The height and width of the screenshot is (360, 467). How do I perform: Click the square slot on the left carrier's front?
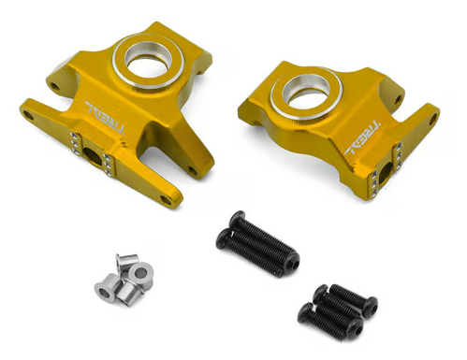[95, 154]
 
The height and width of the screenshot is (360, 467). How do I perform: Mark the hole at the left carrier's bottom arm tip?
[167, 198]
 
